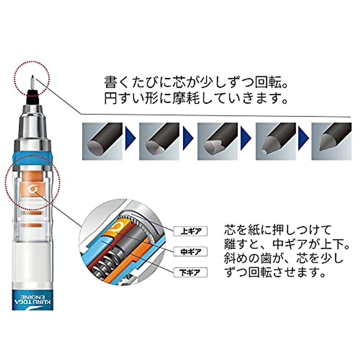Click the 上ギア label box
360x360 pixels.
191,231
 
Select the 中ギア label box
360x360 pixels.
191,252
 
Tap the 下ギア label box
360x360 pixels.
191,272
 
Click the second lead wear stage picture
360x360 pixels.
159,141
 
